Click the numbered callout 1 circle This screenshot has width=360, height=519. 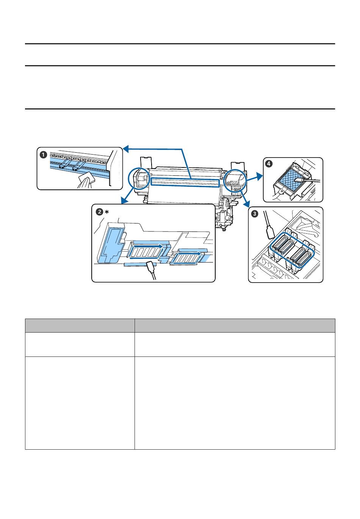43,155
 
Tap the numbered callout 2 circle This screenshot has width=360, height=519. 100,211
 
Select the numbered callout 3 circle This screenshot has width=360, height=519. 255,214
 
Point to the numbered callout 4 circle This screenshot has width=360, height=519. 269,164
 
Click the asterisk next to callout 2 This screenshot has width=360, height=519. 107,211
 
